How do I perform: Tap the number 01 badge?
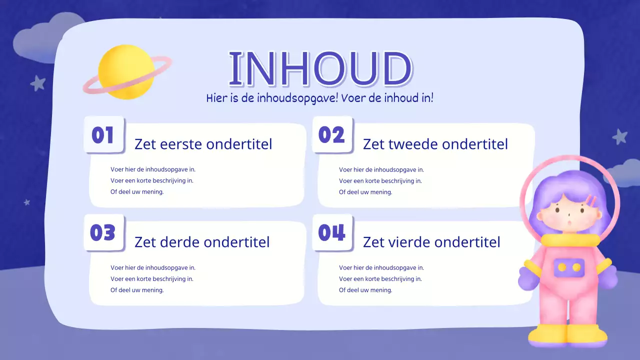pyautogui.click(x=103, y=135)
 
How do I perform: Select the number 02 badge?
pyautogui.click(x=331, y=135)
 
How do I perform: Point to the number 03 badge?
pyautogui.click(x=103, y=233)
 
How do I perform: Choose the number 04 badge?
pyautogui.click(x=331, y=233)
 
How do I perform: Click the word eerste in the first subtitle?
pyautogui.click(x=181, y=144)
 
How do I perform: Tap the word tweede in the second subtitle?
pyautogui.click(x=414, y=144)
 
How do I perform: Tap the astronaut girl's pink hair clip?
pyautogui.click(x=591, y=201)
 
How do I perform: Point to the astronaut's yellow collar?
pyautogui.click(x=570, y=240)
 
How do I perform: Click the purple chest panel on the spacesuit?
pyautogui.click(x=569, y=267)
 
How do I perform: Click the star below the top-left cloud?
pyautogui.click(x=38, y=83)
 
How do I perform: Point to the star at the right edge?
pyautogui.click(x=620, y=136)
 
